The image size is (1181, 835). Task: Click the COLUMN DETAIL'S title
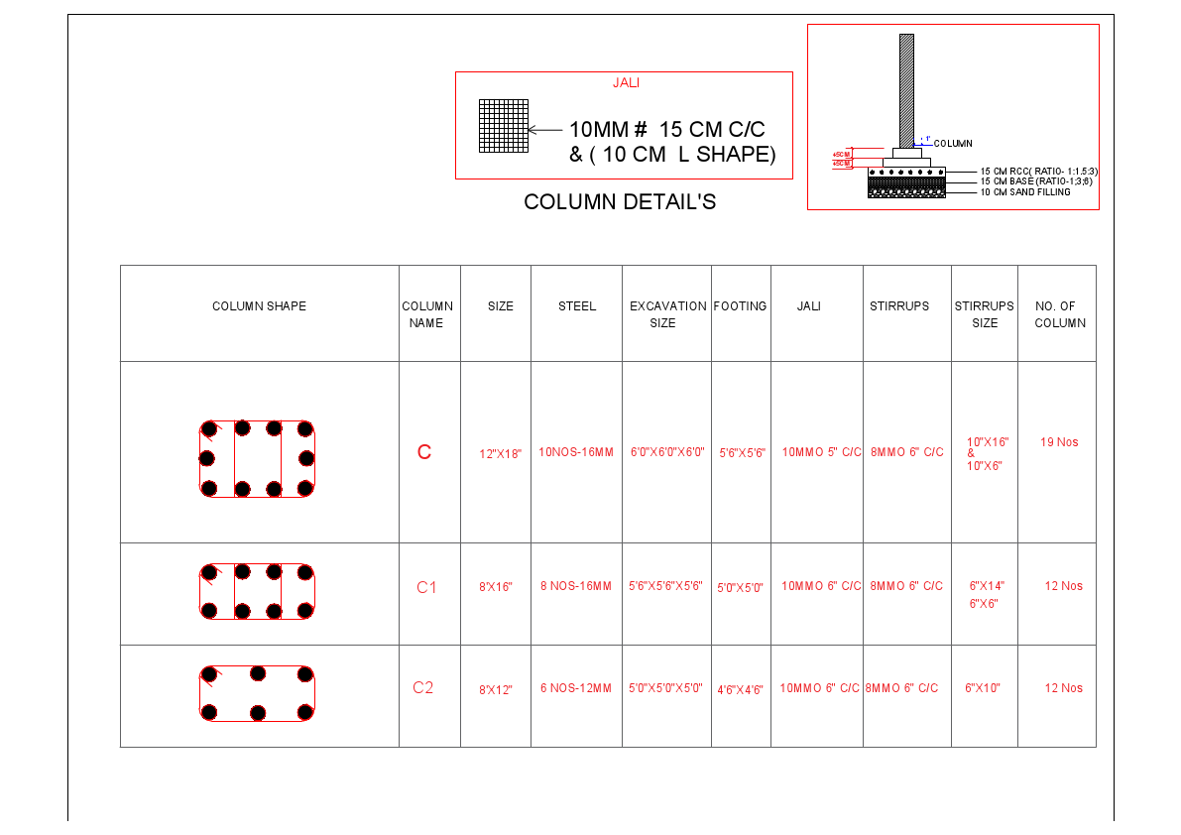coord(620,202)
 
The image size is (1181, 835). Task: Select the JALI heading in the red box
coord(625,83)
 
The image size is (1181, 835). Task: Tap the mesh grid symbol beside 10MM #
coord(504,125)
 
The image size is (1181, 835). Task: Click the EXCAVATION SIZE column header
coord(666,314)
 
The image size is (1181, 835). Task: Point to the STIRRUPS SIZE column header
coord(985,314)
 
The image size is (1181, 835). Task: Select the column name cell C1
coord(426,587)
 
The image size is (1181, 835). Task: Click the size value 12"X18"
coord(500,454)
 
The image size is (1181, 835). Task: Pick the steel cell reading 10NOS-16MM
coord(576,452)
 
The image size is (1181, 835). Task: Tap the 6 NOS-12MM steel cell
coord(576,688)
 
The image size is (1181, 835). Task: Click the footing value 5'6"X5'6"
coord(742,453)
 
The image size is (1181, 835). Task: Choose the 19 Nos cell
coord(1059,442)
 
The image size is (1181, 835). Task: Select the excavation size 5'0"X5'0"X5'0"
coord(666,688)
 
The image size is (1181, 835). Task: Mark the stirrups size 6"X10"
coord(983,688)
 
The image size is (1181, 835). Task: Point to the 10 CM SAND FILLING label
coord(1025,192)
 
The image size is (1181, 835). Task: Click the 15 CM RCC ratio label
coord(1038,172)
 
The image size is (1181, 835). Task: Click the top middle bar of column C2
coord(258,673)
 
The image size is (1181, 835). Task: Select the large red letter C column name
coord(424,452)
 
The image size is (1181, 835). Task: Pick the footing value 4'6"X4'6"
coord(740,690)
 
